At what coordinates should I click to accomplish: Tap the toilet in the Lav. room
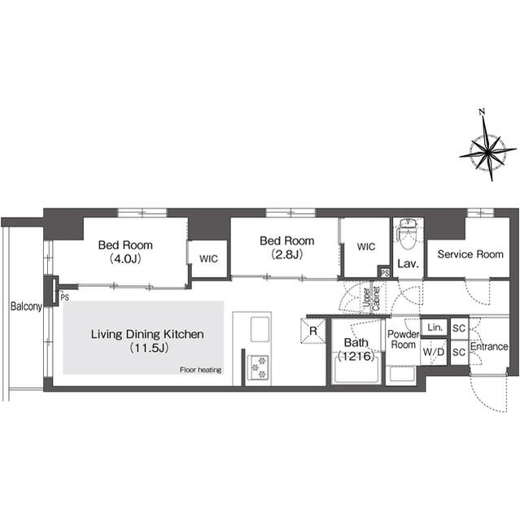point(408,233)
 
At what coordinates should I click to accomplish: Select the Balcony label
point(26,306)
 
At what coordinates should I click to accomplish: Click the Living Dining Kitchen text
point(147,334)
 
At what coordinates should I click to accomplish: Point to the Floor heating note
point(200,370)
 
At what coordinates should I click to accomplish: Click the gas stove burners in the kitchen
point(259,367)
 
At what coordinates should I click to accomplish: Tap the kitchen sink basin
point(260,329)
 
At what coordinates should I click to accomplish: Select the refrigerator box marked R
point(313,331)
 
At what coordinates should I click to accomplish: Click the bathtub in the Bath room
point(356,369)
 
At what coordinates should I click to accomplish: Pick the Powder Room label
point(403,340)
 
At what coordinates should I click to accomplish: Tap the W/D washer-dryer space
point(434,352)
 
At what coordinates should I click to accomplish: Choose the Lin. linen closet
point(435,328)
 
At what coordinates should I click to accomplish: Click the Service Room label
point(470,254)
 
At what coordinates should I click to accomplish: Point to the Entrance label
point(489,347)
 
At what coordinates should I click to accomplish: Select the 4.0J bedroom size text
point(125,258)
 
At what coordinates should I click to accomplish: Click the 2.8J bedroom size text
point(287,254)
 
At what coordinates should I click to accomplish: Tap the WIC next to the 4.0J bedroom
point(208,258)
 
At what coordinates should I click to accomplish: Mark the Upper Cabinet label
point(372,297)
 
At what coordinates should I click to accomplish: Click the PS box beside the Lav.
point(385,273)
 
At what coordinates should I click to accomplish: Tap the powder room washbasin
point(403,375)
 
